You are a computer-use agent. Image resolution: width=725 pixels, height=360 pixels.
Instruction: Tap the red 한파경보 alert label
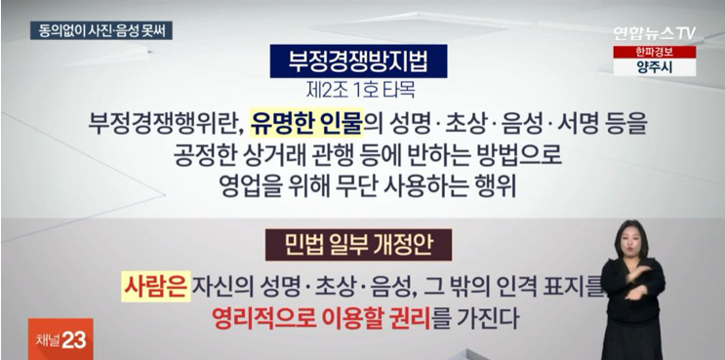click(x=653, y=52)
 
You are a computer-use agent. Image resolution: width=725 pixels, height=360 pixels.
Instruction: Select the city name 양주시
click(x=653, y=67)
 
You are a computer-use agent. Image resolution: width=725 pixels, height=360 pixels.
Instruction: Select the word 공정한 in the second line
click(x=214, y=155)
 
